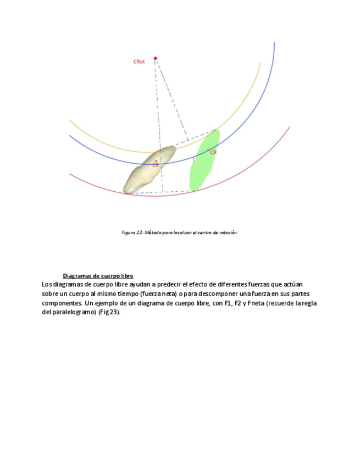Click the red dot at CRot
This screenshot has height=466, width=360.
(x=156, y=58)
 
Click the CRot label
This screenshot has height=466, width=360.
(x=139, y=62)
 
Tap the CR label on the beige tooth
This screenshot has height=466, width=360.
(x=156, y=165)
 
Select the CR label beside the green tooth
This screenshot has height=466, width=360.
(x=213, y=152)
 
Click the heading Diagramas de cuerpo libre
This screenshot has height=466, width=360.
(x=98, y=275)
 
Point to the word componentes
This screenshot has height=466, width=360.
(x=62, y=303)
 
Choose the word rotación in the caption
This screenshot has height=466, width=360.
(x=228, y=232)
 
